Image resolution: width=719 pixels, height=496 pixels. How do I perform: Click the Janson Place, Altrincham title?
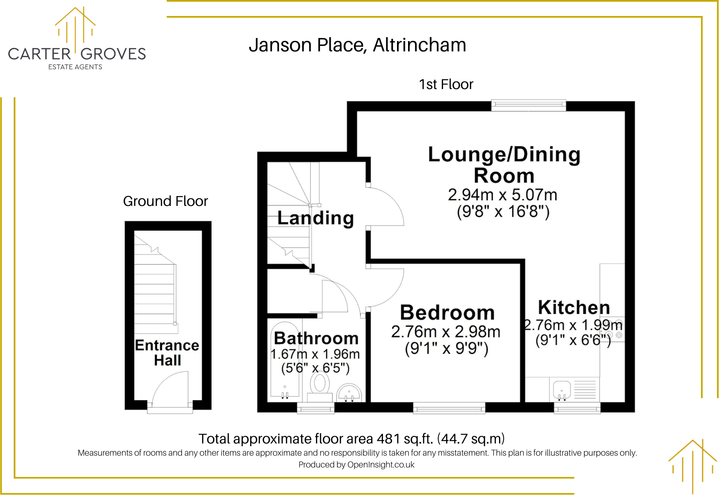pyautogui.click(x=357, y=45)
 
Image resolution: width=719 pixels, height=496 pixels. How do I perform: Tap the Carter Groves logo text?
pyautogui.click(x=77, y=54)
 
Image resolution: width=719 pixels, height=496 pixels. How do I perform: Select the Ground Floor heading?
pyautogui.click(x=165, y=201)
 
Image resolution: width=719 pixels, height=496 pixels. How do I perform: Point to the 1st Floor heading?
pyautogui.click(x=446, y=85)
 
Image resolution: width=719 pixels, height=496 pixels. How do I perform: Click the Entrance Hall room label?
pyautogui.click(x=167, y=352)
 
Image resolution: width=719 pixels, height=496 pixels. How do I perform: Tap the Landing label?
pyautogui.click(x=316, y=218)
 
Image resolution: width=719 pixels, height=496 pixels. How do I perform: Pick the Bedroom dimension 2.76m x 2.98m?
pyautogui.click(x=446, y=332)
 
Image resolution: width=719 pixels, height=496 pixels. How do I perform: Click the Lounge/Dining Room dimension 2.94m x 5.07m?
pyautogui.click(x=502, y=195)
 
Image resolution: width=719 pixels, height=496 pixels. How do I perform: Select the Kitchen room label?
pyautogui.click(x=574, y=308)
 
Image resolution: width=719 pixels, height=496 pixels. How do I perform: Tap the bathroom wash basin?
pyautogui.click(x=349, y=392)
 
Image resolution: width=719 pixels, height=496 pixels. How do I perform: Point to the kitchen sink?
pyautogui.click(x=561, y=390)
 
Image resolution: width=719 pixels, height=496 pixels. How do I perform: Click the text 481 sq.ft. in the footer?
pyautogui.click(x=405, y=439)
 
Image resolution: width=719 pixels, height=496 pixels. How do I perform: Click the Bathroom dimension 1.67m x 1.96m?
pyautogui.click(x=315, y=354)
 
